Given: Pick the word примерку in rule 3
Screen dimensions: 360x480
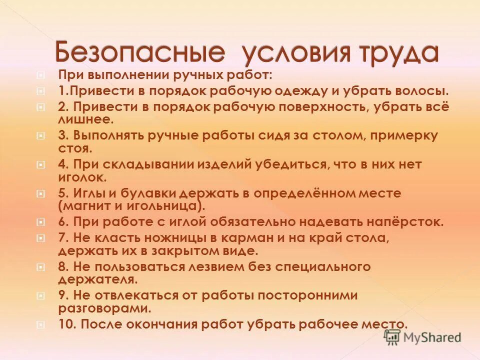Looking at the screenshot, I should tap(407, 135).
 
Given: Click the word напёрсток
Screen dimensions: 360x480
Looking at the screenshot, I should tap(408, 222).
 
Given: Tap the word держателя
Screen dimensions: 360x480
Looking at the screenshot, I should tap(97, 279).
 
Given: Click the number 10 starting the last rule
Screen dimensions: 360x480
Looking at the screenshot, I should tap(65, 323).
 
